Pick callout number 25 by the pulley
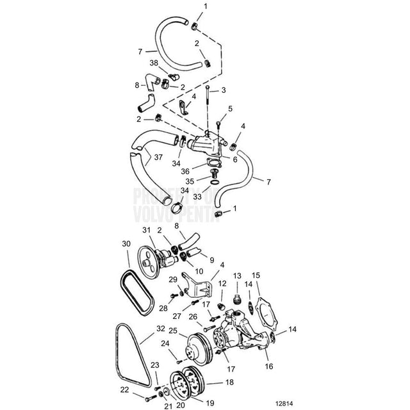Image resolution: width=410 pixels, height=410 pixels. click(172, 331)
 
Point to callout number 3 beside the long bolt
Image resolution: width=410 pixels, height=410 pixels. click(224, 92)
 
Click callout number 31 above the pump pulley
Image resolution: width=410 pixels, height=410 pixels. click(145, 231)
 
